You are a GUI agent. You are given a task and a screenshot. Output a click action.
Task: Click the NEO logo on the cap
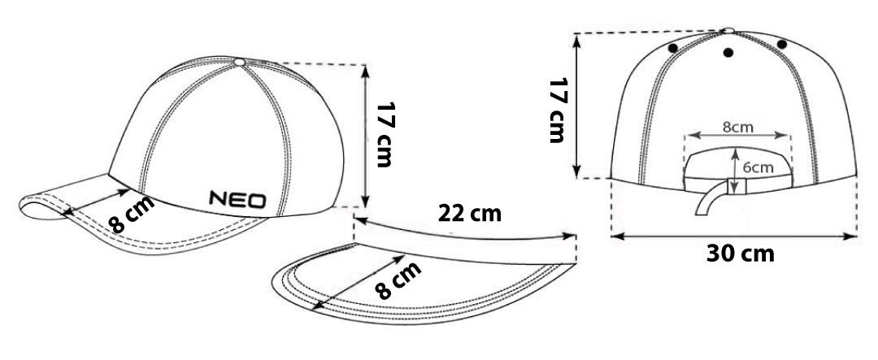(238, 199)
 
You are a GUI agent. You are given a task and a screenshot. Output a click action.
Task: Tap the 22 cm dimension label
(470, 213)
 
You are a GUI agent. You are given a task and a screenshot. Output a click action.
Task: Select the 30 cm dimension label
(741, 254)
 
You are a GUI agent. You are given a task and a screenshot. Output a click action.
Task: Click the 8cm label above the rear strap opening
(737, 127)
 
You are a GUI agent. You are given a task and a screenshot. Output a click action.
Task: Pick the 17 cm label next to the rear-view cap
(558, 111)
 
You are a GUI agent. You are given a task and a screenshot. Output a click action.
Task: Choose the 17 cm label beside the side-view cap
(384, 135)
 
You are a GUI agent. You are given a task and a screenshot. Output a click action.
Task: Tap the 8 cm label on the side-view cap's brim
(132, 215)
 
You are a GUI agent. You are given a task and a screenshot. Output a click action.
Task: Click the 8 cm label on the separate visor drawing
(398, 280)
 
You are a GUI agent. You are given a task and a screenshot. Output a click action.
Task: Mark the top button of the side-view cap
(240, 62)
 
